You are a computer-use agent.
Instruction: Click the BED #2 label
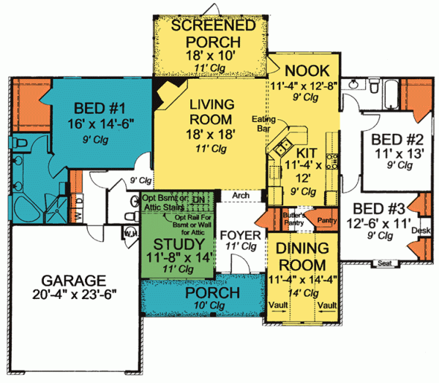393,139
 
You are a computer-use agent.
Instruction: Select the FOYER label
239,235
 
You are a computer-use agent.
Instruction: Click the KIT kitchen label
306,153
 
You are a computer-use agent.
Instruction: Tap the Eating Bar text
263,122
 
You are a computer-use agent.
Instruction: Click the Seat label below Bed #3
385,262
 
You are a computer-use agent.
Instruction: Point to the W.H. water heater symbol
131,232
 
